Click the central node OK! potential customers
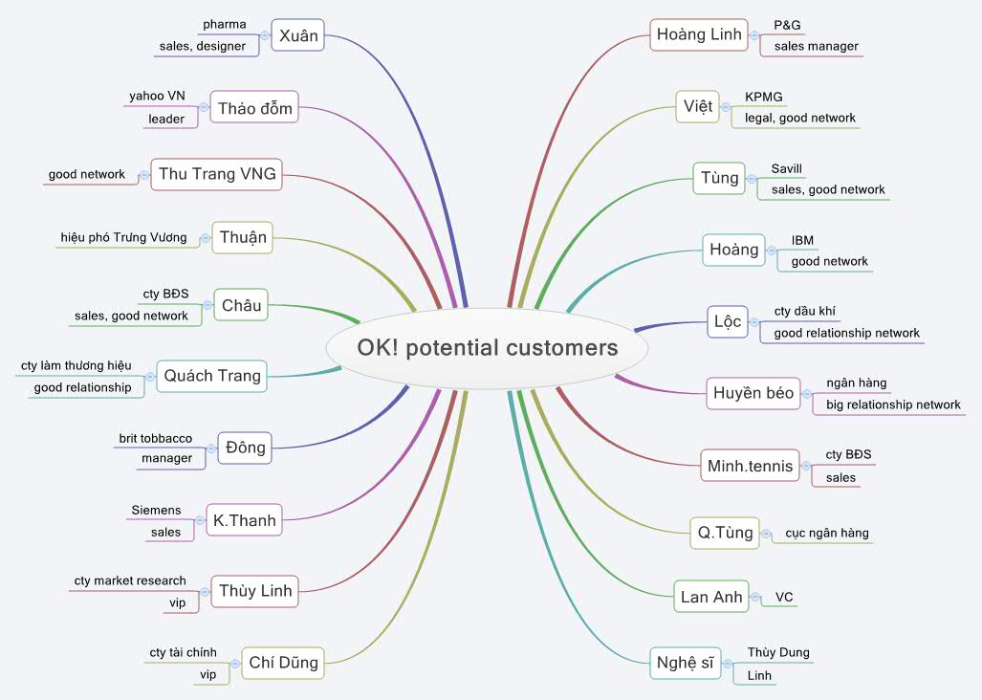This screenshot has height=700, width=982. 488,347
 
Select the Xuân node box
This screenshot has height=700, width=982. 297,36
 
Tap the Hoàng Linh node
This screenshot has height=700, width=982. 699,35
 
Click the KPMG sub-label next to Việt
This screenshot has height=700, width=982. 764,97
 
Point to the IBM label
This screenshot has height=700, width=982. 803,240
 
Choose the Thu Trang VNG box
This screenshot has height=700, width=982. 216,174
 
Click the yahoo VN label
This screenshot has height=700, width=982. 157,96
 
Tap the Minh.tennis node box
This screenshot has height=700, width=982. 750,466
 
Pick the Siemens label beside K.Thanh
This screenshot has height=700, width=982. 155,511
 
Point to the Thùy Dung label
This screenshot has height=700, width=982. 778,652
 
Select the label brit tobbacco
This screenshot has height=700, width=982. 155,438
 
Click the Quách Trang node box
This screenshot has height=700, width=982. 211,376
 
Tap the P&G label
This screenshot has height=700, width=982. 787,26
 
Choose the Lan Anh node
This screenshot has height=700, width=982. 711,597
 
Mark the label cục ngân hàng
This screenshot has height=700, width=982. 827,533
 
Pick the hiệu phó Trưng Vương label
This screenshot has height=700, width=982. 123,237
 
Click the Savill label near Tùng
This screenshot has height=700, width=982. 788,168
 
